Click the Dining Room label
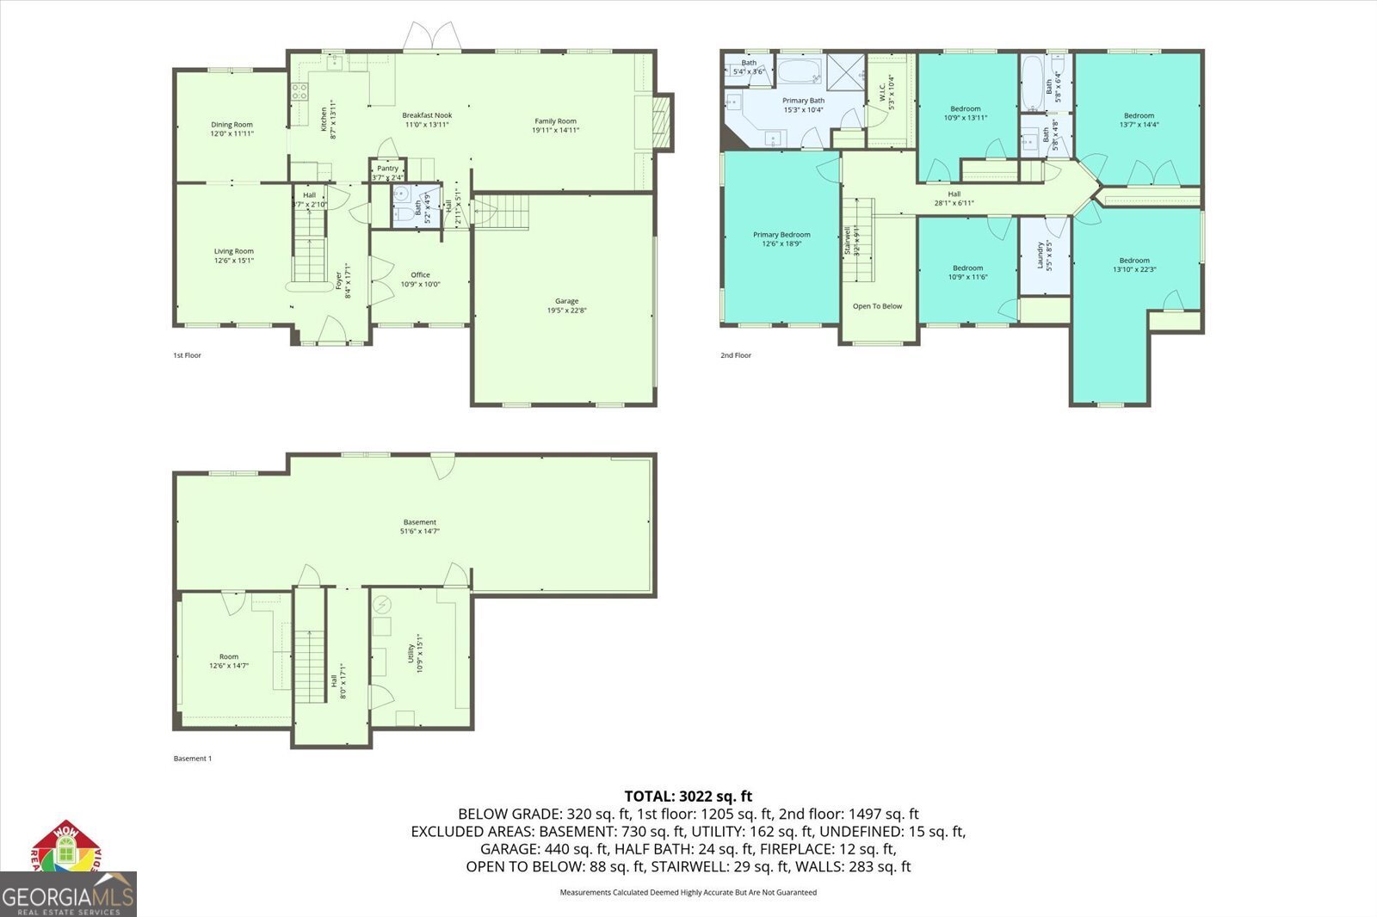click(x=232, y=125)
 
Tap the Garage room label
click(x=566, y=301)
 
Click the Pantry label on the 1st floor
click(x=387, y=169)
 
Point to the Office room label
click(x=420, y=275)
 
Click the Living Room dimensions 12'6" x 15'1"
click(x=233, y=261)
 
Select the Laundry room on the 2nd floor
click(x=1044, y=255)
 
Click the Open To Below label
click(x=877, y=306)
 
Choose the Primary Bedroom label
click(x=781, y=235)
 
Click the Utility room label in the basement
click(x=411, y=655)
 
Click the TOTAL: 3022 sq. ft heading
click(x=688, y=797)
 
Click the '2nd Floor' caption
click(x=736, y=355)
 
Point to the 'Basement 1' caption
click(x=192, y=759)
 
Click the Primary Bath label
click(x=803, y=101)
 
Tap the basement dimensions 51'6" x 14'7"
click(x=420, y=532)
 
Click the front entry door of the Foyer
click(x=331, y=331)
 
